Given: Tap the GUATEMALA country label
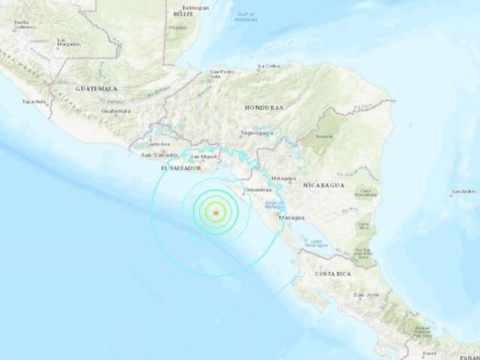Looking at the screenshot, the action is (97, 89).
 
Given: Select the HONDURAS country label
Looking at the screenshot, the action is (264, 107).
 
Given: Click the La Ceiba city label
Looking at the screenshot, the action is (269, 66).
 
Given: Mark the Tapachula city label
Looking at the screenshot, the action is (34, 102).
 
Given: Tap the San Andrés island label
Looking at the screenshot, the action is (464, 192).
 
